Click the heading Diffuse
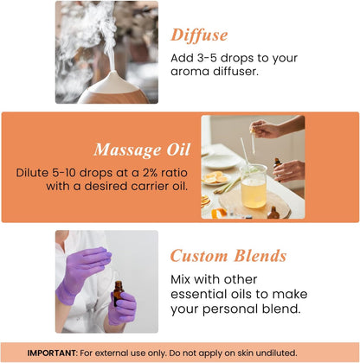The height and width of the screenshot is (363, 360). pyautogui.click(x=199, y=35)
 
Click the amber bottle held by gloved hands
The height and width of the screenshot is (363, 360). pyautogui.click(x=117, y=294)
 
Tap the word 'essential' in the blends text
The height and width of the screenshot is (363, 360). pyautogui.click(x=203, y=295)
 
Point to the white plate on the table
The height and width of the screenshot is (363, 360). pyautogui.click(x=222, y=162)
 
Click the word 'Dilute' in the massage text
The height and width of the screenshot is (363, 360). pyautogui.click(x=34, y=172)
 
